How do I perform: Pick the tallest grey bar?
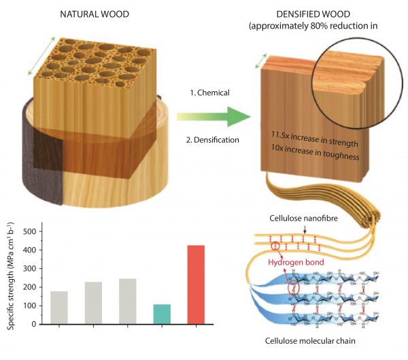pyautogui.click(x=128, y=301)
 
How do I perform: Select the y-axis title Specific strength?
pyautogui.click(x=12, y=278)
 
